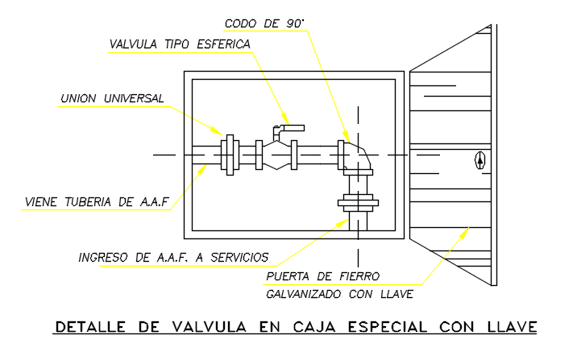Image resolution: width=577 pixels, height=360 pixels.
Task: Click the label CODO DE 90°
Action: coord(264,23)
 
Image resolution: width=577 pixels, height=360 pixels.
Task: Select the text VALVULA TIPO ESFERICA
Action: coord(180,44)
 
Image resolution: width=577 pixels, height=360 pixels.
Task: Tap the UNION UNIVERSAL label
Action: coord(112,98)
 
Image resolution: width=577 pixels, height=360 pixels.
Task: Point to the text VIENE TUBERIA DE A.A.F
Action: coord(97,202)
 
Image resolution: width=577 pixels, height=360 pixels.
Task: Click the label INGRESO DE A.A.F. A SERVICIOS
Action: coord(173,258)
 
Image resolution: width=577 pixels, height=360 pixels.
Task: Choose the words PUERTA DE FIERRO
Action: coord(322,276)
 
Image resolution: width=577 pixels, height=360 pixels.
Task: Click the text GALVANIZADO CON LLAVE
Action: coord(339,294)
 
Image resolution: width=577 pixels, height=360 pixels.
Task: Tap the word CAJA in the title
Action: coord(314,326)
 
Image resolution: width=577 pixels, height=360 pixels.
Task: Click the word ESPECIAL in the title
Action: coord(388,326)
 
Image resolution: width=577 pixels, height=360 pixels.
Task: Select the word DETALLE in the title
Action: coord(90,326)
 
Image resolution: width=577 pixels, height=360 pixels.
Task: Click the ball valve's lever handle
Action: coord(288,130)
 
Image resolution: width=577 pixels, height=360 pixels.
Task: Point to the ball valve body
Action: coord(276,155)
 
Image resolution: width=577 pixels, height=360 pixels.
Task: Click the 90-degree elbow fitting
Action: coord(356,158)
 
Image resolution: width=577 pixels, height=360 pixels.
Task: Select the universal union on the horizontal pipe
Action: coord(230,155)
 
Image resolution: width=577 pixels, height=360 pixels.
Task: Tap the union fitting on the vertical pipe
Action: coord(358,203)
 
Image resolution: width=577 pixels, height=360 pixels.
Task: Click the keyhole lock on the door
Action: coord(480,160)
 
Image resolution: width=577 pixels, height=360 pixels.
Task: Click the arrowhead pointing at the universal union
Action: coord(218,130)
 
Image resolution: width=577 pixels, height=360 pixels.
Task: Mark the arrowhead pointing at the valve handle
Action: coord(285,119)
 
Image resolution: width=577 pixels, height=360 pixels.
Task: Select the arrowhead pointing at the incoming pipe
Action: coord(202,169)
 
